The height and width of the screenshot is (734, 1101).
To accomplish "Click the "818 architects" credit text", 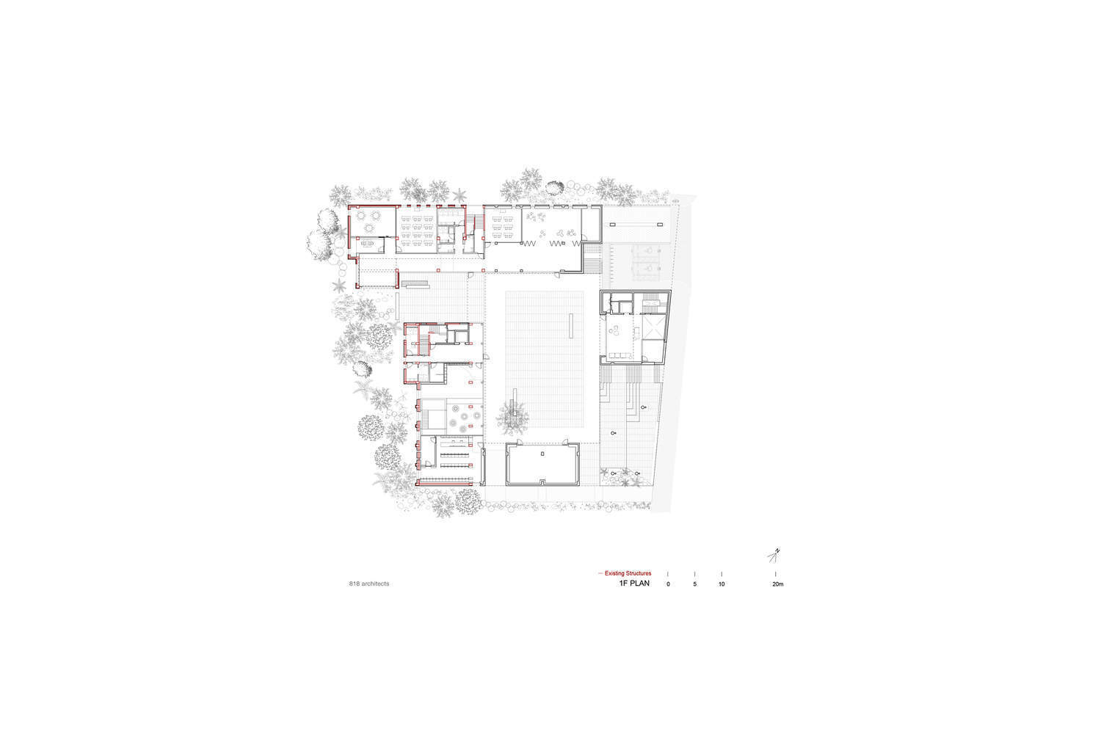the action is point(369,584).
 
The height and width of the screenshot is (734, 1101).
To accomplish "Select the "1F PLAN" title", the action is point(634,584).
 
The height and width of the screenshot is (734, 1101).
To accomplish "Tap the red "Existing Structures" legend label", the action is point(628,573).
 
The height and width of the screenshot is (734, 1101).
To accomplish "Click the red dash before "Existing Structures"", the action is point(600,573).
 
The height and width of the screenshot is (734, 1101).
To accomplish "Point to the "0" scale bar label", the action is point(668,584).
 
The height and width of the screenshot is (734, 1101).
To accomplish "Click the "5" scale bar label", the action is point(694,584).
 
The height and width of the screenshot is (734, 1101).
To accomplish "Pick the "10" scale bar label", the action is point(722,584).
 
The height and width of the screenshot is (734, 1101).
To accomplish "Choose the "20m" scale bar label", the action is point(777,584).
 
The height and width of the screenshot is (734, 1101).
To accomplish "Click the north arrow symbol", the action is point(774,556).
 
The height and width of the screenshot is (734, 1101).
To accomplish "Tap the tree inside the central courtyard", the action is point(512,418).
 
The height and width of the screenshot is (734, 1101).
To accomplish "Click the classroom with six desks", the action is point(503,225).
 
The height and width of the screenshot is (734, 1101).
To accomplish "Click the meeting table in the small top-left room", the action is point(368,244).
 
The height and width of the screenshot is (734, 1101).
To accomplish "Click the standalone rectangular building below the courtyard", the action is point(542,464).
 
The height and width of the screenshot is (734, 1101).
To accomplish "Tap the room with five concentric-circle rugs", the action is point(465,417).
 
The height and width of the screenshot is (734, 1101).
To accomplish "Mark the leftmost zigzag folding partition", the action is point(529,244).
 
